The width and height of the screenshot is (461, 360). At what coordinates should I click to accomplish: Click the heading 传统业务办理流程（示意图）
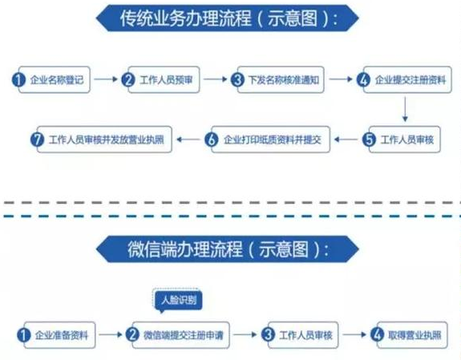tap(228, 18)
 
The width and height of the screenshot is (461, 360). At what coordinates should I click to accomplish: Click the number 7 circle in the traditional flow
tap(35, 140)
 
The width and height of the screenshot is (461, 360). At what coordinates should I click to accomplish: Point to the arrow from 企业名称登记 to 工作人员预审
tap(107, 79)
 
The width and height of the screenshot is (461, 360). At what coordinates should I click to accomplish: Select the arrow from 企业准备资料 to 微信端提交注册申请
tap(111, 333)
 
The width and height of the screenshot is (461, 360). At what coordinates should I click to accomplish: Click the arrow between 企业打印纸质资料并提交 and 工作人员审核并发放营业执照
tap(189, 140)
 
